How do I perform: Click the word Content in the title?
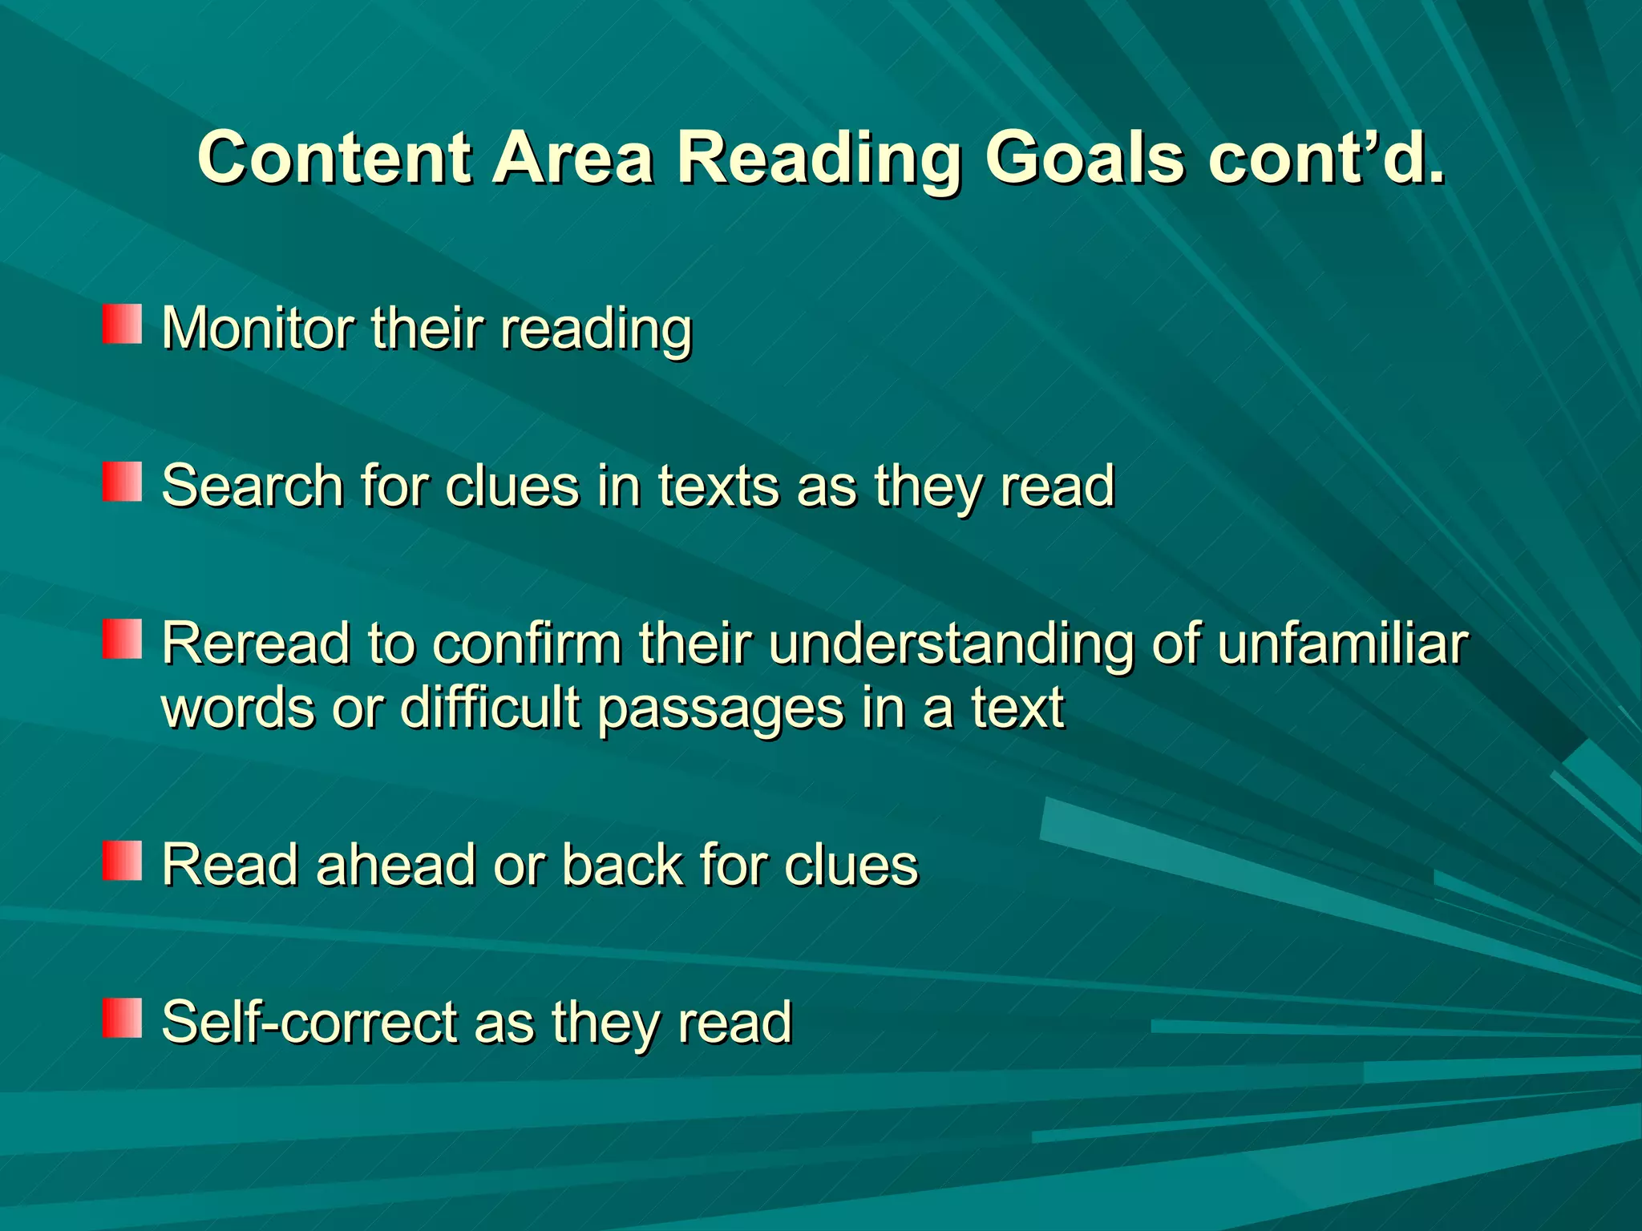pyautogui.click(x=334, y=158)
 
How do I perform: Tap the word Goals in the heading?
pyautogui.click(x=1083, y=158)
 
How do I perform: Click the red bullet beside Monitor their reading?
pyautogui.click(x=122, y=325)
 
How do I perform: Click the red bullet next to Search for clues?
pyautogui.click(x=122, y=482)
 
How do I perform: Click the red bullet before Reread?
pyautogui.click(x=122, y=640)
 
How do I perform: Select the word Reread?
pyautogui.click(x=256, y=644)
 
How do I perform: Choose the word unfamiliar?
pyautogui.click(x=1343, y=644)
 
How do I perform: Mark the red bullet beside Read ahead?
pyautogui.click(x=122, y=861)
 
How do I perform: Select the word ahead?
pyautogui.click(x=396, y=866)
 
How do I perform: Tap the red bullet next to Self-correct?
pyautogui.click(x=122, y=1018)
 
